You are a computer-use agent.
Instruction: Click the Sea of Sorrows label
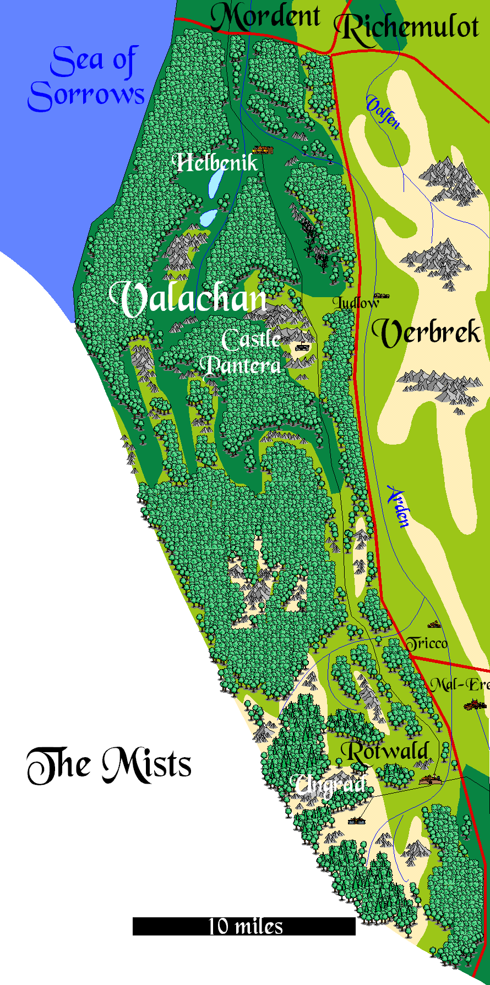pyautogui.click(x=86, y=79)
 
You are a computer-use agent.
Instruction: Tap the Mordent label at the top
pyautogui.click(x=265, y=17)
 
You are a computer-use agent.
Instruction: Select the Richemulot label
pyautogui.click(x=407, y=28)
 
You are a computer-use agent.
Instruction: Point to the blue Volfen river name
pyautogui.click(x=383, y=113)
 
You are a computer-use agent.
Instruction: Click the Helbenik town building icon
pyautogui.click(x=263, y=150)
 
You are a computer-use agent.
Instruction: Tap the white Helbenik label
pyautogui.click(x=216, y=162)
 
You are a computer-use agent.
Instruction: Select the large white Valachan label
pyautogui.click(x=188, y=299)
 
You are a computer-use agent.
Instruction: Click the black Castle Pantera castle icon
pyautogui.click(x=302, y=347)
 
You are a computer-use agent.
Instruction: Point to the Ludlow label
pyautogui.click(x=355, y=303)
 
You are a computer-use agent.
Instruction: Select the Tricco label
pyautogui.click(x=427, y=643)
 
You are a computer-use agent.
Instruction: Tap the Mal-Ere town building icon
pyautogui.click(x=474, y=704)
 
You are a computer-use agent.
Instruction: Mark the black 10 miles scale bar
pyautogui.click(x=244, y=926)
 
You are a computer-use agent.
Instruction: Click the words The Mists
pyautogui.click(x=109, y=765)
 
